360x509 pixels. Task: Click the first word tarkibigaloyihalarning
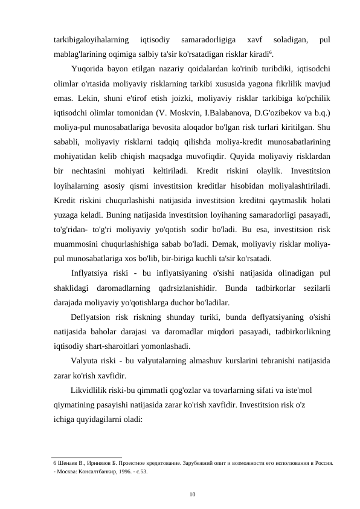(91, 40)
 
